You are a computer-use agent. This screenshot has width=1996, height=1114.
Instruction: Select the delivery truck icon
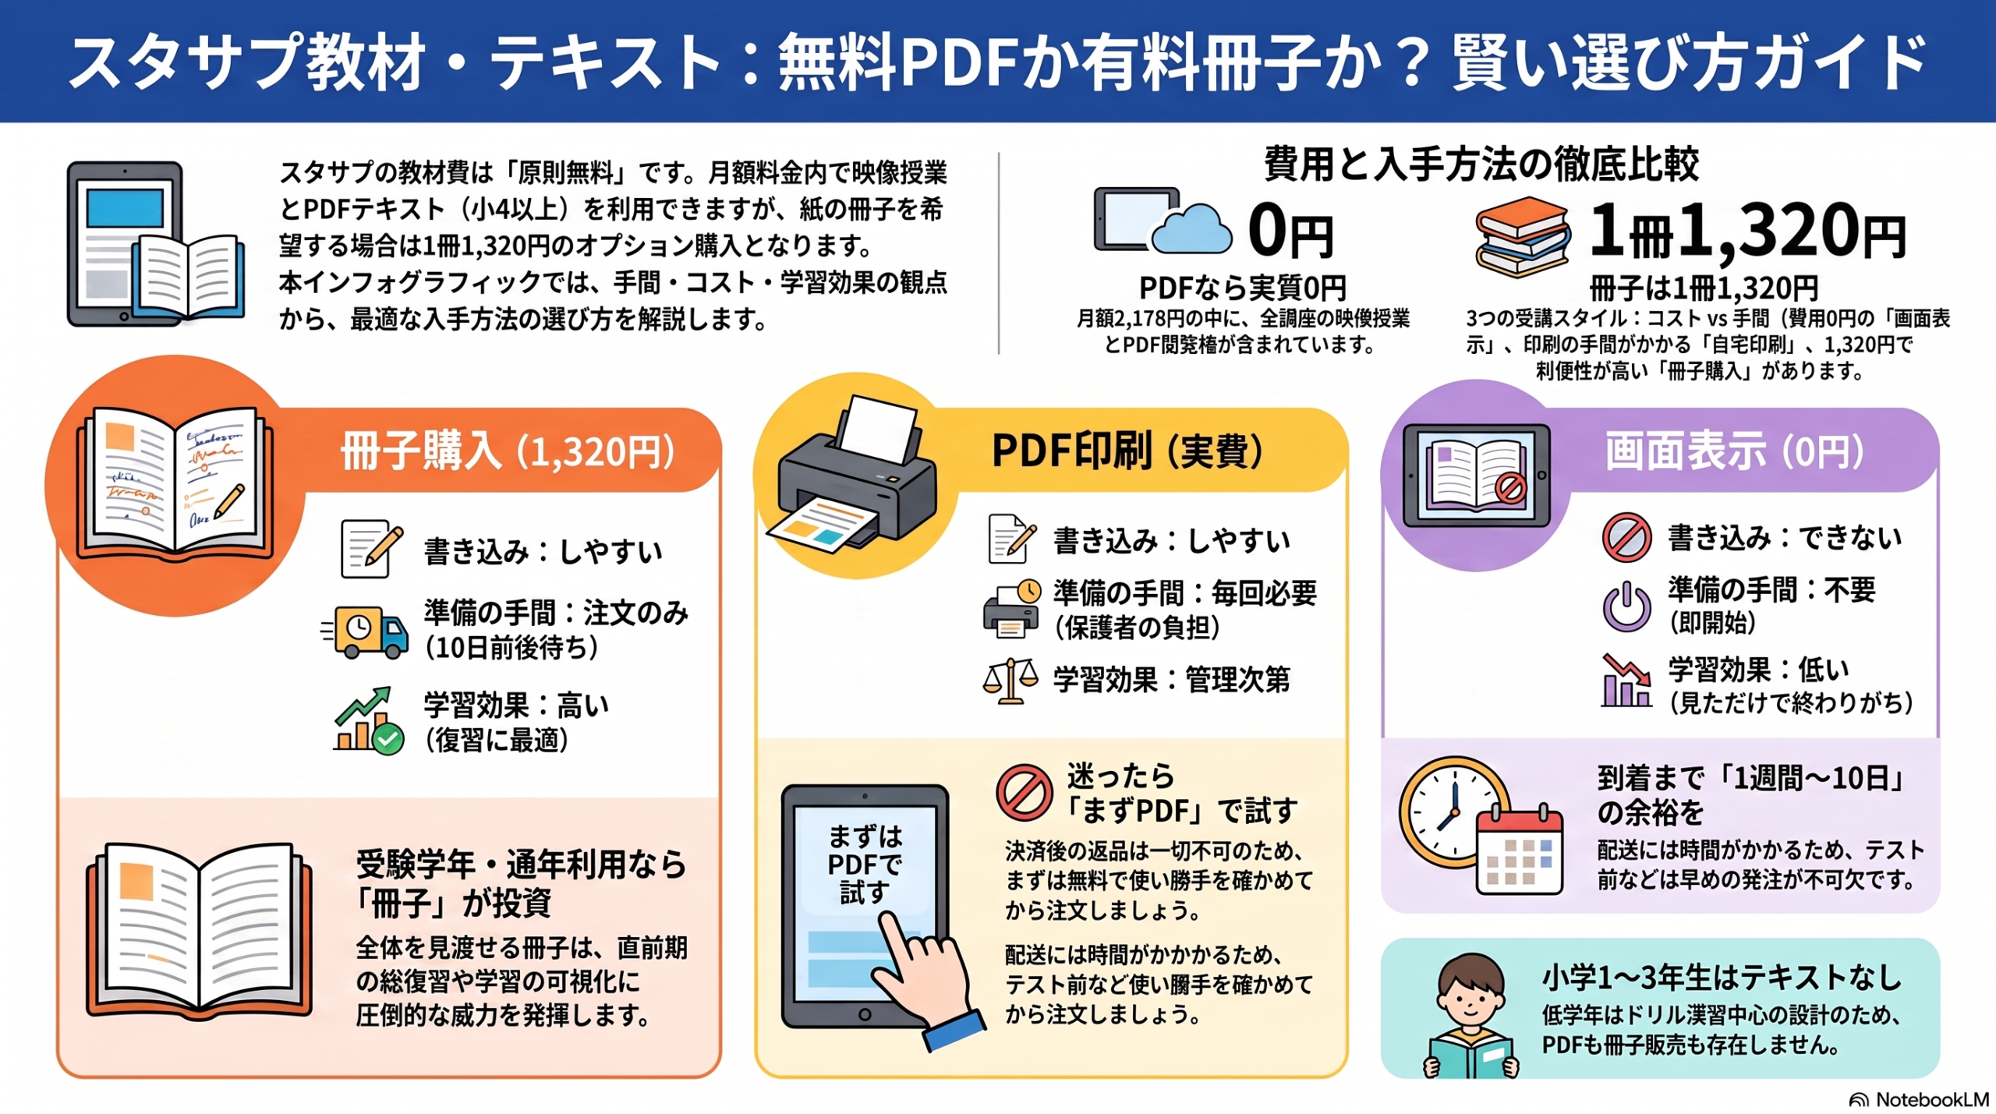[365, 631]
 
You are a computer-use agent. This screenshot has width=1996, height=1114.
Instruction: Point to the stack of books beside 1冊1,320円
[1523, 236]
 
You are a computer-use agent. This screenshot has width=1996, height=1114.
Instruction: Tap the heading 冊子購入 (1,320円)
[508, 451]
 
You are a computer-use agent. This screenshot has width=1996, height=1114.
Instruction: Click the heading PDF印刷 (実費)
[1127, 451]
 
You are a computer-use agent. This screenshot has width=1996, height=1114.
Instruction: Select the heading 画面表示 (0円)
[1735, 451]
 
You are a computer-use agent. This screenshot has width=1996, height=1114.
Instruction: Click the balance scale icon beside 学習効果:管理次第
[1010, 681]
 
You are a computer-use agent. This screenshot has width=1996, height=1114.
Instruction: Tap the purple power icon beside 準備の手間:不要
[1626, 606]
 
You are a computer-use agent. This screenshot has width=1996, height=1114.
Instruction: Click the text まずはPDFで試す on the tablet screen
[865, 865]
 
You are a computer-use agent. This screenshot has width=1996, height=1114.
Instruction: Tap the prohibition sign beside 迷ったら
[1024, 792]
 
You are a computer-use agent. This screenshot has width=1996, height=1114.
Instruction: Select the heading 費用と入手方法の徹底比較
[1481, 164]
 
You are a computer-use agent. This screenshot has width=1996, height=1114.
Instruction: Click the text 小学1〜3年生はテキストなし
[1722, 978]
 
